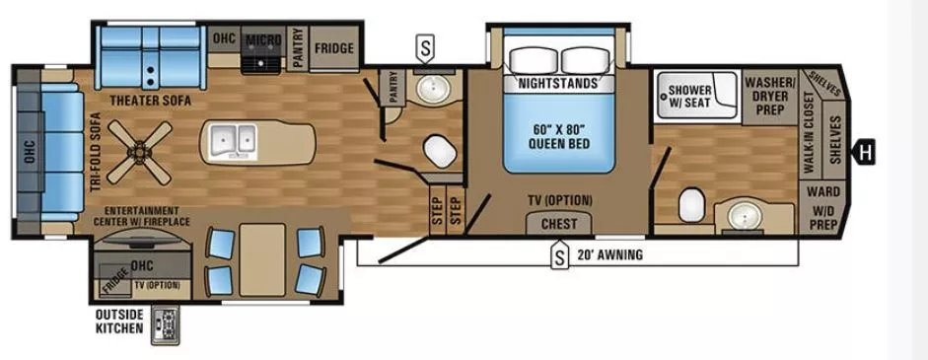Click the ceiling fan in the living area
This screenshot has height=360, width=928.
139,151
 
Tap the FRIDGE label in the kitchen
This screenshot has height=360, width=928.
335,47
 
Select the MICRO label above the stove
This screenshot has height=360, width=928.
263,40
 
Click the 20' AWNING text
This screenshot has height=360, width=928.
610,254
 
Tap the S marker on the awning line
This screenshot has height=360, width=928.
559,256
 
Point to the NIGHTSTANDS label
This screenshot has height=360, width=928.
557,84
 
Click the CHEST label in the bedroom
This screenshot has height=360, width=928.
559,224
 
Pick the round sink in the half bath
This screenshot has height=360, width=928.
430,92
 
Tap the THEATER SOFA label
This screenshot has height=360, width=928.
150,100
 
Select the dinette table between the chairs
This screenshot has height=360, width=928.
261,258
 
